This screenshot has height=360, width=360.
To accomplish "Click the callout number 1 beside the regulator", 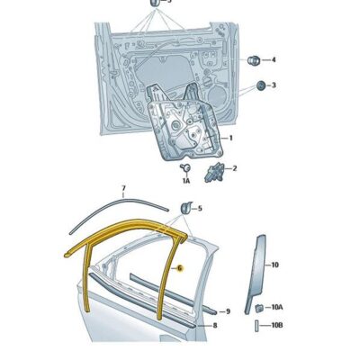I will [x=230, y=138].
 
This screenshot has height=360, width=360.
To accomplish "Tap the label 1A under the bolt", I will [x=186, y=181].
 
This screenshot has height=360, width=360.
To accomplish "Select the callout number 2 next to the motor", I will [x=235, y=168].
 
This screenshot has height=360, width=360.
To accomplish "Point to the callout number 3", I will [x=274, y=85].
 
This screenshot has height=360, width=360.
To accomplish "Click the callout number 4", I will [x=274, y=60].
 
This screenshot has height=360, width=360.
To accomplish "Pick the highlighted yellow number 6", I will [x=179, y=268].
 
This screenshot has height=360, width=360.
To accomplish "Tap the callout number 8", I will [x=214, y=325].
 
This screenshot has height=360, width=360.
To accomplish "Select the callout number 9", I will [x=228, y=311].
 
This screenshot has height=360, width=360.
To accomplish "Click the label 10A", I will [x=278, y=308].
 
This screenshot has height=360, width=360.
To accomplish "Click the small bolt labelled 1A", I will [x=186, y=167].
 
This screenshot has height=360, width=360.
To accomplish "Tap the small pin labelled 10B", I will [x=257, y=324].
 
